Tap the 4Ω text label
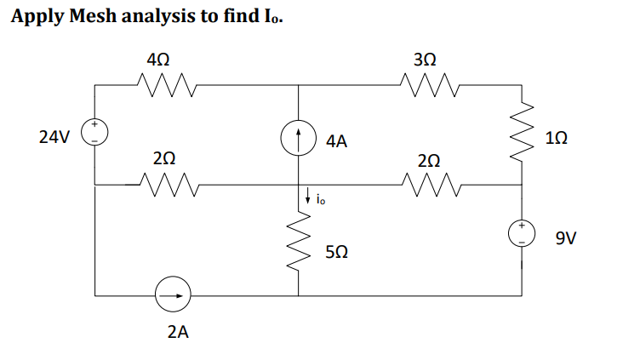tap(157, 60)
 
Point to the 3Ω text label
tap(425, 60)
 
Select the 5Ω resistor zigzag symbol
tap(298, 246)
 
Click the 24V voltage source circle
tap(94, 134)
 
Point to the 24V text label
tap(54, 136)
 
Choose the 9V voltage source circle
tap(522, 232)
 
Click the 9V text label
tap(567, 239)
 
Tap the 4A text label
tap(336, 142)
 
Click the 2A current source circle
tap(173, 296)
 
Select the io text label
tap(319, 201)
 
